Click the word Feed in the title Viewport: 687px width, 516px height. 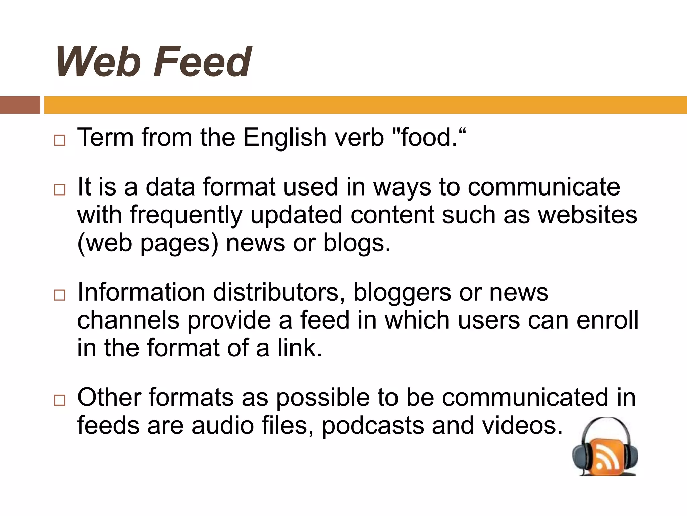click(202, 62)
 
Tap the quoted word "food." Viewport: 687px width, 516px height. click(429, 138)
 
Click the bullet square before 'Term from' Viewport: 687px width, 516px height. click(60, 140)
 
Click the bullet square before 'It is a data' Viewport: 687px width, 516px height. click(60, 190)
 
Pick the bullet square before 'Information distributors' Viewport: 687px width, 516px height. click(60, 295)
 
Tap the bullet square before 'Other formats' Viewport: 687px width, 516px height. click(60, 400)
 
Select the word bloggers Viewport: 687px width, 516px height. click(402, 293)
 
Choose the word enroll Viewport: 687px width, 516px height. click(607, 320)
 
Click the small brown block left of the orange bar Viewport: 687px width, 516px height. click(20, 105)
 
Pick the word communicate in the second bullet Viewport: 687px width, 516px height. click(544, 187)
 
